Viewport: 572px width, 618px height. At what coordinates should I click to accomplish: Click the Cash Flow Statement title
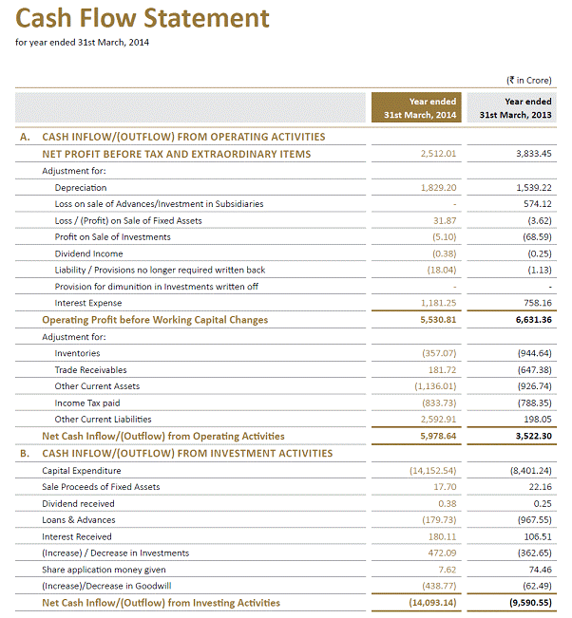click(143, 18)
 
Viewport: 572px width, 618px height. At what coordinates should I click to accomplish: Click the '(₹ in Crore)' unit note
click(529, 81)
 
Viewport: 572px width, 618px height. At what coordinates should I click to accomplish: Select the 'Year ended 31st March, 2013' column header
click(515, 108)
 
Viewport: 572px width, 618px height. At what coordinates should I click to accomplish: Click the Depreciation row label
click(81, 188)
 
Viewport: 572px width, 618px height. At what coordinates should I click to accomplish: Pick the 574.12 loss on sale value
click(533, 204)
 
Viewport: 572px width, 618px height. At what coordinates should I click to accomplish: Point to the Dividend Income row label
click(88, 253)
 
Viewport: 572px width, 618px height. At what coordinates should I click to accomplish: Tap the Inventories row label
click(78, 353)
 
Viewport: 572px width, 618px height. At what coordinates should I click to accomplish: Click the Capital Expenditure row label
click(82, 470)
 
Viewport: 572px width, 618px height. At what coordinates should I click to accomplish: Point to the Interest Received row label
click(79, 536)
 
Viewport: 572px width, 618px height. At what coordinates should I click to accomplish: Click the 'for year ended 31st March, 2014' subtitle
click(83, 42)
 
